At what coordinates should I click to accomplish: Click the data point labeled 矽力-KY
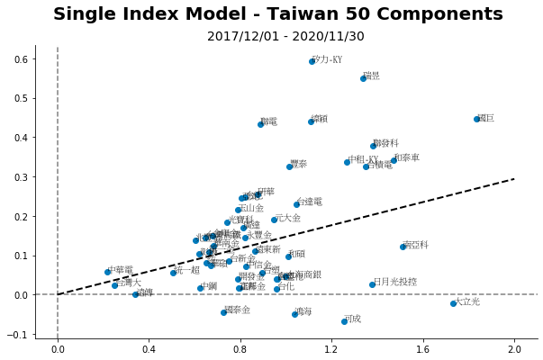click(x=312, y=61)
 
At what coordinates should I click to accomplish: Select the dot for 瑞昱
click(x=363, y=78)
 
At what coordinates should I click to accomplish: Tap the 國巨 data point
click(x=476, y=119)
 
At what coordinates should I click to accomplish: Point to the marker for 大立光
click(x=453, y=303)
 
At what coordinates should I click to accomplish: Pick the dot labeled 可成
click(x=344, y=321)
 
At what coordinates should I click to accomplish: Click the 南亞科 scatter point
click(x=403, y=247)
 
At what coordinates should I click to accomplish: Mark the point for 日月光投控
click(x=372, y=284)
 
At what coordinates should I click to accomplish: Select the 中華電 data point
click(x=107, y=272)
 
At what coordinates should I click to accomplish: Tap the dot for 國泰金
click(x=223, y=312)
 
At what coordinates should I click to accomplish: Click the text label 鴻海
click(x=303, y=312)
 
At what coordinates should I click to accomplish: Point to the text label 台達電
click(x=309, y=202)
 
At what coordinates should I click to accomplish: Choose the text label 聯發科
click(x=385, y=143)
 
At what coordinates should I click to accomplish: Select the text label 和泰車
click(x=407, y=157)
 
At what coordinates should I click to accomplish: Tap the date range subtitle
click(x=285, y=37)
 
